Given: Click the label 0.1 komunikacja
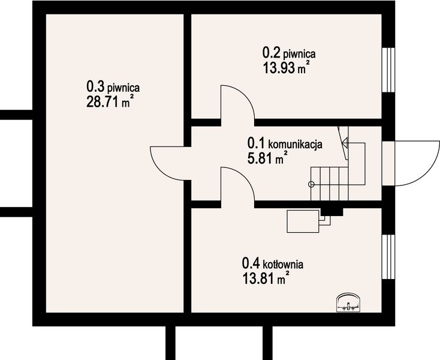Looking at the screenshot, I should tap(285, 145).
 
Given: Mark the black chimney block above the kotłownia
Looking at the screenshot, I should tap(331, 210).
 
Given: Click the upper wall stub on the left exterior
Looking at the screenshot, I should tap(15, 115).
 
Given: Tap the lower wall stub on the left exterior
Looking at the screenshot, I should tap(15, 211).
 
